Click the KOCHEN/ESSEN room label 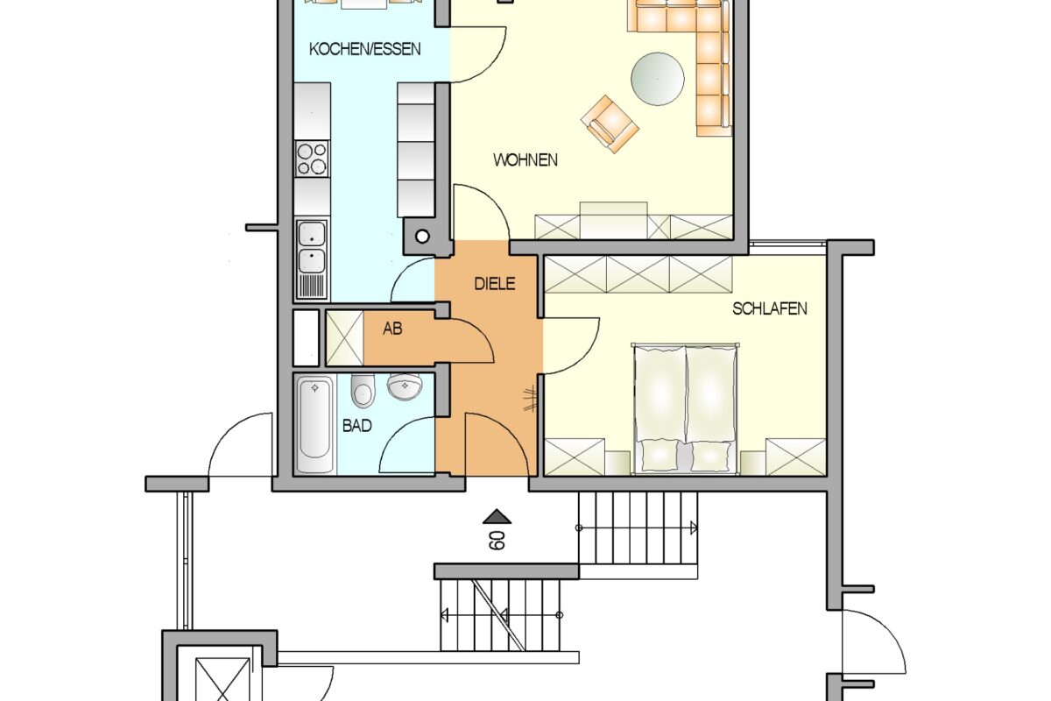pyautogui.click(x=364, y=49)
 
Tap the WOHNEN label pyautogui.click(x=525, y=160)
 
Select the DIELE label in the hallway pyautogui.click(x=495, y=284)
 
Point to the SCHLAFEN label pyautogui.click(x=770, y=308)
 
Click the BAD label pyautogui.click(x=356, y=426)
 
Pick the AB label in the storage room pyautogui.click(x=392, y=329)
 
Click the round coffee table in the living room pyautogui.click(x=658, y=79)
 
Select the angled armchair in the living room pyautogui.click(x=610, y=124)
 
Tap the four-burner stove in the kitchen pyautogui.click(x=312, y=159)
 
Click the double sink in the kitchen pyautogui.click(x=312, y=246)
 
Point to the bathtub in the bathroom pyautogui.click(x=314, y=424)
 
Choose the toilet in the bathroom pyautogui.click(x=363, y=391)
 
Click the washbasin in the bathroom pyautogui.click(x=405, y=386)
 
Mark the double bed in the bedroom pyautogui.click(x=685, y=408)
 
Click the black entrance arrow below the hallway pyautogui.click(x=497, y=516)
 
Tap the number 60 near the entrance pyautogui.click(x=497, y=541)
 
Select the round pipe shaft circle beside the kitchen pyautogui.click(x=422, y=237)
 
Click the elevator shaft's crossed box pyautogui.click(x=222, y=680)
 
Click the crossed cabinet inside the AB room pyautogui.click(x=345, y=337)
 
